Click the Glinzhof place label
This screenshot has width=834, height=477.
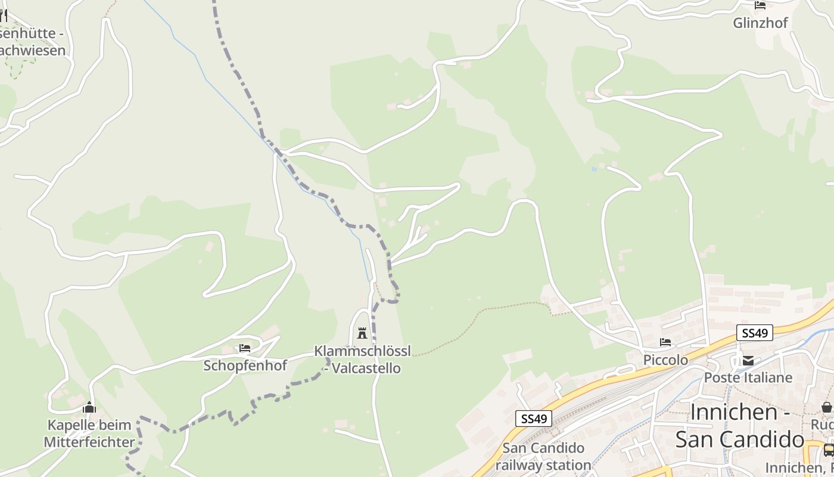[x=760, y=23]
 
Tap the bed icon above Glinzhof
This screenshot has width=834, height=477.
[x=760, y=5]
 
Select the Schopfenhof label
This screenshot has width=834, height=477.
[x=245, y=365]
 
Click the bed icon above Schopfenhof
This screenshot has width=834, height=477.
[x=244, y=348]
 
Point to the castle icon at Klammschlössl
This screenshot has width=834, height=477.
[x=362, y=333]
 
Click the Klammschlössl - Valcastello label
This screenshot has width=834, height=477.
[x=362, y=360]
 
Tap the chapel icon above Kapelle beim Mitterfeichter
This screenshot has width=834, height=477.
[x=89, y=408]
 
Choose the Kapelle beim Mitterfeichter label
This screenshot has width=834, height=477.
[x=89, y=433]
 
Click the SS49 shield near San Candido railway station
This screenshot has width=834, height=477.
[x=533, y=419]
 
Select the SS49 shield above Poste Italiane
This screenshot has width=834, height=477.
[x=754, y=333]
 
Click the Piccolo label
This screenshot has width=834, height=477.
[x=665, y=360]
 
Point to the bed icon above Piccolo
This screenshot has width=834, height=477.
[x=665, y=342]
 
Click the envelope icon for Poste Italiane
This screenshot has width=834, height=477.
[x=748, y=360]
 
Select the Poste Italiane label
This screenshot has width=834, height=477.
[x=748, y=377]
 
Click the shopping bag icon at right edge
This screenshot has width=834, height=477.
[x=827, y=407]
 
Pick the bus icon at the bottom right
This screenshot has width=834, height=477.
[x=829, y=450]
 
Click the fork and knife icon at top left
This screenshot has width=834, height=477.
[x=3, y=16]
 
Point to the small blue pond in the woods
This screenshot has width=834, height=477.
[x=594, y=169]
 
